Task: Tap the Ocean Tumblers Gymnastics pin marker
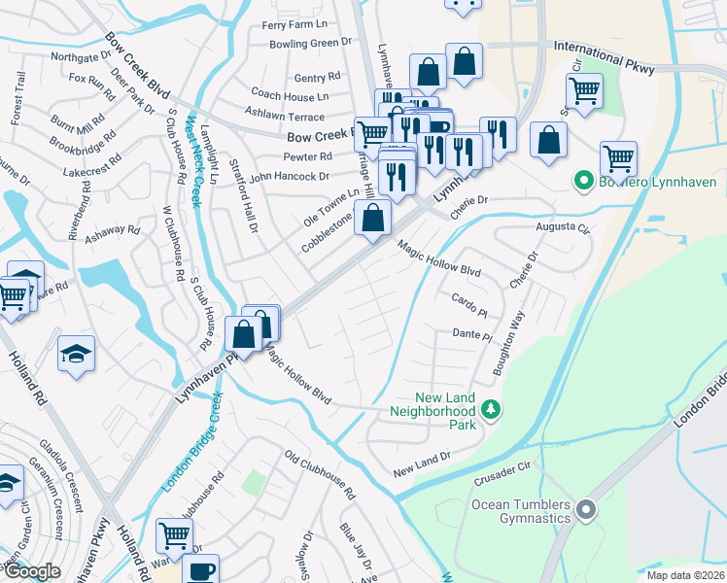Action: (x=585, y=509)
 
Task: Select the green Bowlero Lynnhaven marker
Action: (x=583, y=181)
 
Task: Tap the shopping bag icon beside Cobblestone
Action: (x=372, y=219)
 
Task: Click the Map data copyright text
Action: (x=684, y=574)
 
